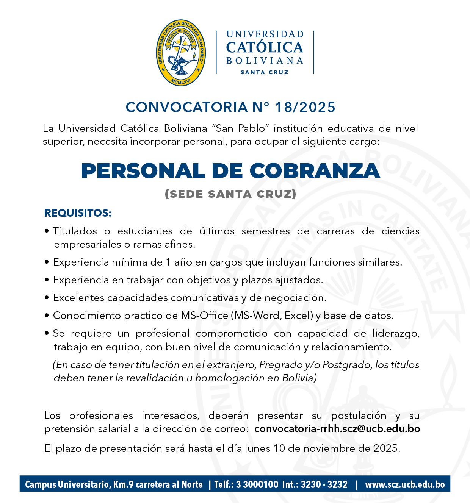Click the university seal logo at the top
182,53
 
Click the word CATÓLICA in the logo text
265,47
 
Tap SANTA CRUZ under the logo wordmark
265,72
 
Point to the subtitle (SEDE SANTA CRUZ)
230,194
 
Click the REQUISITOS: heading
78,213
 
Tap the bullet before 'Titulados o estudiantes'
47,231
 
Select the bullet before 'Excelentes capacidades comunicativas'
47,298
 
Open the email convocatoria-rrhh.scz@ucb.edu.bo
337,429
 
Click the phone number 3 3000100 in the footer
257,484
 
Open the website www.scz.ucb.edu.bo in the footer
404,484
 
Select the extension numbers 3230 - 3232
324,484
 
